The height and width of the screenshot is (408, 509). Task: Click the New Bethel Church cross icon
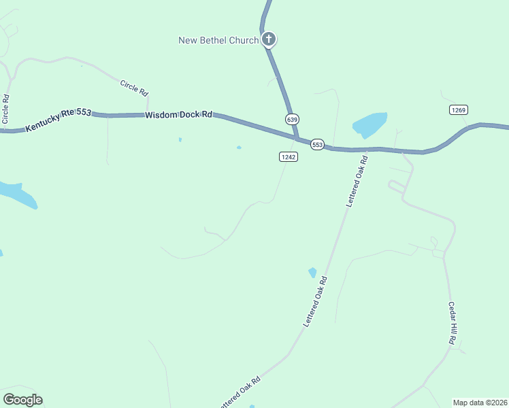click(x=269, y=39)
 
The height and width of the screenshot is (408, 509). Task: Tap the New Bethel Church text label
click(x=218, y=40)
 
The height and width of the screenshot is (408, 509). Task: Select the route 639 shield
click(x=293, y=119)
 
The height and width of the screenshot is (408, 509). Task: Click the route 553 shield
click(x=317, y=144)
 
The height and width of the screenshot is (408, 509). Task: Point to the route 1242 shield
click(x=288, y=156)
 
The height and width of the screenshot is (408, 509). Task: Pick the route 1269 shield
click(x=458, y=109)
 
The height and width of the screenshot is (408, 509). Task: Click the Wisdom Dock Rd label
click(x=178, y=116)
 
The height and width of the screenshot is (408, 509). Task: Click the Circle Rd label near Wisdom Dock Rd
click(x=134, y=88)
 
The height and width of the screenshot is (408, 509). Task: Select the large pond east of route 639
click(x=370, y=124)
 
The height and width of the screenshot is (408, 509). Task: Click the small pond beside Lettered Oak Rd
click(x=312, y=272)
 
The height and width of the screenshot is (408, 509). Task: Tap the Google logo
click(x=22, y=400)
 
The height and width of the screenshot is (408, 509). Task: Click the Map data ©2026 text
click(x=480, y=402)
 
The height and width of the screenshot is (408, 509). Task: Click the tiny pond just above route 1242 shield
click(x=239, y=147)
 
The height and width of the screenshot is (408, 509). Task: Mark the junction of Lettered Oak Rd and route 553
click(x=367, y=150)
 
